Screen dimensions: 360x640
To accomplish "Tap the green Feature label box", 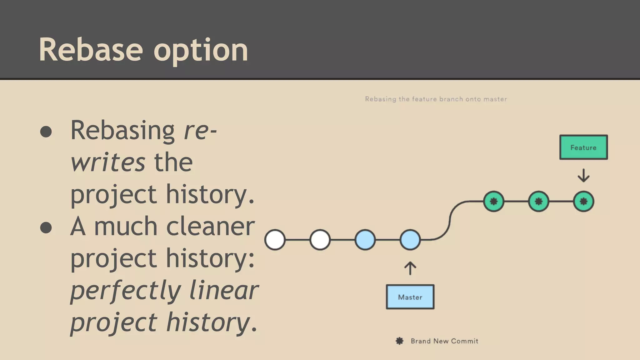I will (583, 147).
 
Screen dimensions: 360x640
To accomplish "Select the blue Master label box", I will (410, 297).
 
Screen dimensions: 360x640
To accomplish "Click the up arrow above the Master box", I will (410, 268).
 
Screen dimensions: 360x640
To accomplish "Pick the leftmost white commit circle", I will (275, 240).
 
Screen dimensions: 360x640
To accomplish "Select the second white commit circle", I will (320, 240).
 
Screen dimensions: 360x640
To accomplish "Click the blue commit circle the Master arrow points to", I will (410, 240).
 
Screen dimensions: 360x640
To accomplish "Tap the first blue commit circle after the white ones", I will (365, 240).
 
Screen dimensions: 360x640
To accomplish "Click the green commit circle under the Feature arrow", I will (583, 201).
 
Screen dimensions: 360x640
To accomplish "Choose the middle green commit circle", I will (538, 201).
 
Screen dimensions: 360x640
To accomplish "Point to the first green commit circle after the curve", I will (493, 201).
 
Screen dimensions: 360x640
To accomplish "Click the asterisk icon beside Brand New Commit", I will (399, 341).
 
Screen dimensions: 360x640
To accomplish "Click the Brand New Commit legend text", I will (444, 341).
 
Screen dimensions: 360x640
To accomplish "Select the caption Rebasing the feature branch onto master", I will (436, 99).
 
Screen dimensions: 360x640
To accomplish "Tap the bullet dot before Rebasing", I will (46, 132).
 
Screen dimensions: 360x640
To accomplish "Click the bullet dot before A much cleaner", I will (46, 227).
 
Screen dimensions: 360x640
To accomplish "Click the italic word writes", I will (108, 162).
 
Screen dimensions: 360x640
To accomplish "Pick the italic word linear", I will (224, 290).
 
